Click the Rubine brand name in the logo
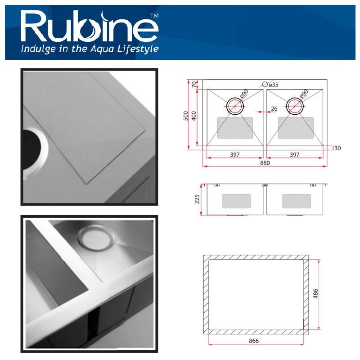pyautogui.click(x=90, y=27)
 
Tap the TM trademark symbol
pyautogui.click(x=154, y=16)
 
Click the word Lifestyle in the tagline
pyautogui.click(x=138, y=49)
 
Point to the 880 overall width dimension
pyautogui.click(x=265, y=163)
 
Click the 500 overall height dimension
pyautogui.click(x=186, y=116)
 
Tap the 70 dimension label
pyautogui.click(x=194, y=84)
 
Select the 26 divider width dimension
pyautogui.click(x=274, y=108)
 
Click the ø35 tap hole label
pyautogui.click(x=274, y=85)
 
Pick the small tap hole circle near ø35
pyautogui.click(x=265, y=85)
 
